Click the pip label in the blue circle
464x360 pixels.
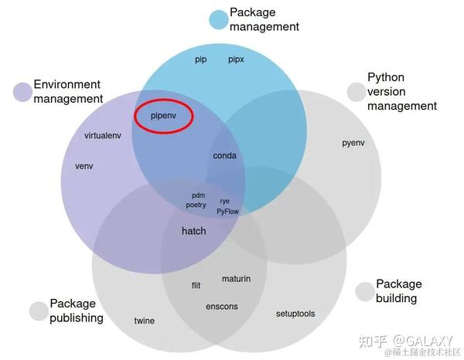(x=200, y=59)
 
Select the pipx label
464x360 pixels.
(x=236, y=59)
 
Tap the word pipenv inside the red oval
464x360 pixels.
(x=163, y=116)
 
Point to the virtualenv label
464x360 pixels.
(x=103, y=136)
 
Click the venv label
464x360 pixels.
(x=84, y=166)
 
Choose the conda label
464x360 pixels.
(x=224, y=155)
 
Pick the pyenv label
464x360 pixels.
(x=353, y=143)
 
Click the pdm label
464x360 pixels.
(x=198, y=195)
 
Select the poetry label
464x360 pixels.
(x=196, y=205)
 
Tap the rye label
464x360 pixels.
(x=224, y=202)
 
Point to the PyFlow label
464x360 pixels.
(x=227, y=212)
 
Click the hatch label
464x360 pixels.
(x=194, y=231)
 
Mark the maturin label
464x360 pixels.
(x=236, y=279)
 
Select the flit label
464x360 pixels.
(x=196, y=285)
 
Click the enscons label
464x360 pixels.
(x=222, y=307)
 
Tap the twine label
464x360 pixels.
(x=145, y=321)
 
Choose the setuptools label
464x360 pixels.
(x=295, y=314)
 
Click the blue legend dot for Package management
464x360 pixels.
(x=219, y=20)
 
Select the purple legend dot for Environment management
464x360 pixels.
(x=22, y=92)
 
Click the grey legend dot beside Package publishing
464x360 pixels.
(x=39, y=311)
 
